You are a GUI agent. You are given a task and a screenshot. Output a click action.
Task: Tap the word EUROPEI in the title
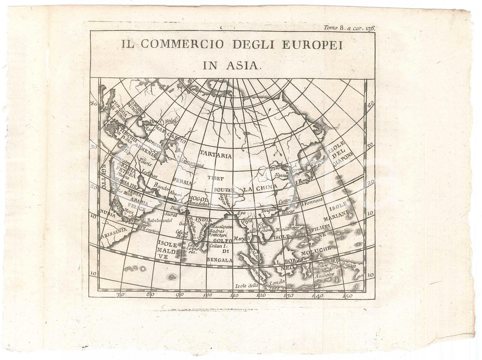[308, 45]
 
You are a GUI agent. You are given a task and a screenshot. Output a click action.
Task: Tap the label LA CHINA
[260, 187]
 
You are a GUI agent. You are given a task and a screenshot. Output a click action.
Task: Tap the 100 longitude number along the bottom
[208, 295]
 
